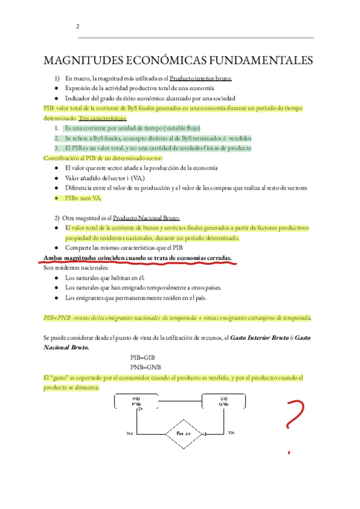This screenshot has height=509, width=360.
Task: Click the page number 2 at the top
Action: pyautogui.click(x=77, y=26)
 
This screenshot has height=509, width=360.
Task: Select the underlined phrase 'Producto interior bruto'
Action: pyautogui.click(x=200, y=78)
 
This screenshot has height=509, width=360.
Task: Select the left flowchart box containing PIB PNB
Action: pyautogui.click(x=137, y=400)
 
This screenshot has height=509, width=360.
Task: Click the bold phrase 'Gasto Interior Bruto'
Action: pyautogui.click(x=265, y=338)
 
